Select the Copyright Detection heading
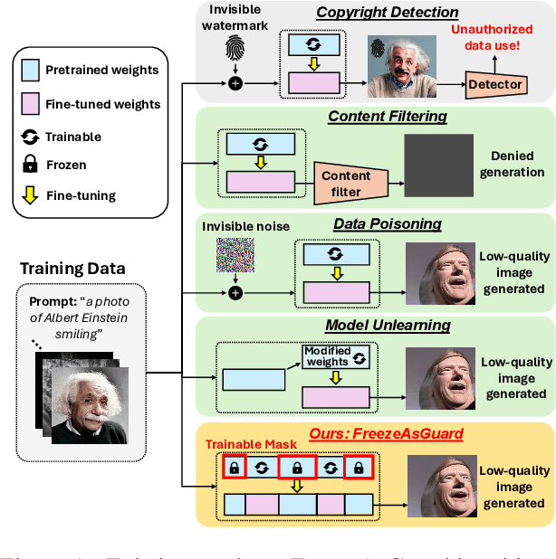pyautogui.click(x=387, y=13)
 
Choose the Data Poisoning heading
pyautogui.click(x=387, y=223)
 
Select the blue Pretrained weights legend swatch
pyautogui.click(x=33, y=70)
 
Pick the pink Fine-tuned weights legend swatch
pyautogui.click(x=33, y=103)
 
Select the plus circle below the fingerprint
pyautogui.click(x=235, y=84)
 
